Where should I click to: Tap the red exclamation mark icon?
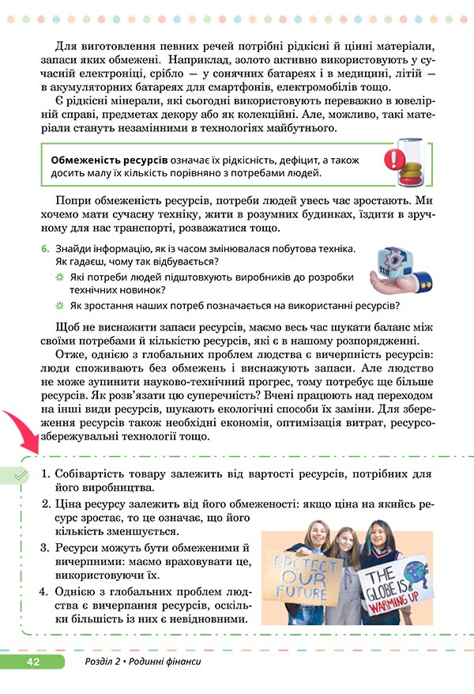(392, 161)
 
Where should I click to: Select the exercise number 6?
(45, 248)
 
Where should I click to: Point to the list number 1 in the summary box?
(45, 473)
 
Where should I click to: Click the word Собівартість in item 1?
(94, 473)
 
